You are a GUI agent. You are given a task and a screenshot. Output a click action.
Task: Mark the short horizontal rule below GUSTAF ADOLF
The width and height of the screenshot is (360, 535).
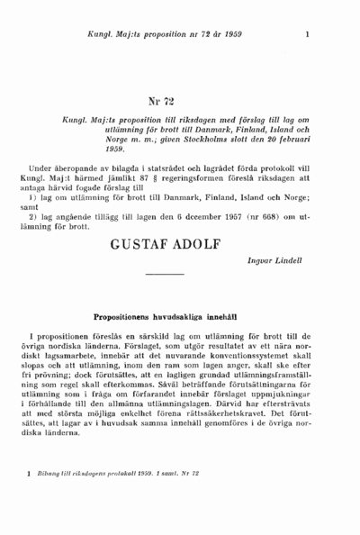click(x=165, y=274)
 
